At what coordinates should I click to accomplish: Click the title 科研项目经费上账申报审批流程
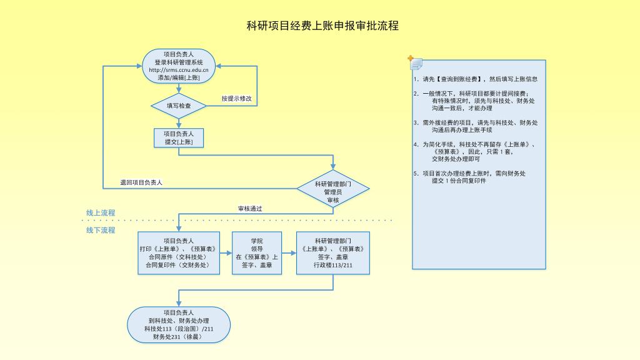322,26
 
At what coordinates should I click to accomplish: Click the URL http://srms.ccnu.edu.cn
179,70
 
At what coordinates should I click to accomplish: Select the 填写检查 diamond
179,106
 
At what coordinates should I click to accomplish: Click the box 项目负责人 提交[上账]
179,138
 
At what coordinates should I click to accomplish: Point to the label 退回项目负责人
141,182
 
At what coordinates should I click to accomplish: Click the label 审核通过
250,208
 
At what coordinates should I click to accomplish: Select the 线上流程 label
101,212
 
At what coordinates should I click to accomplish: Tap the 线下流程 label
101,230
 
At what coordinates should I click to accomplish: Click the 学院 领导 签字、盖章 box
257,252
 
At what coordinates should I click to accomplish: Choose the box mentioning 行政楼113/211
332,252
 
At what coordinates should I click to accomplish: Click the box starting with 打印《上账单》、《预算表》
179,252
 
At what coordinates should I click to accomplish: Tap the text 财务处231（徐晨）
179,337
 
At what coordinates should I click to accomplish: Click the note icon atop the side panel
415,62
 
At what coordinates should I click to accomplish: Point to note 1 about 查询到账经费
475,79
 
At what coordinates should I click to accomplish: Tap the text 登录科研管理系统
179,62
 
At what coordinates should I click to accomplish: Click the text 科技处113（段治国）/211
179,329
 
